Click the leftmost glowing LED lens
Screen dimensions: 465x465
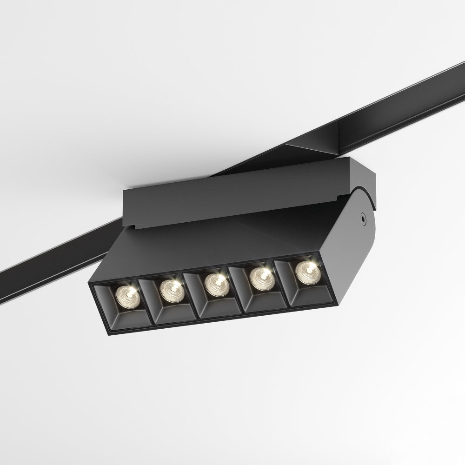126,295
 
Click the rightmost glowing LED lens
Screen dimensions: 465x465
306,271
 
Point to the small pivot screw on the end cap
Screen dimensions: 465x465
362,216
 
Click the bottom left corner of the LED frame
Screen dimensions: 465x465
107,332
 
